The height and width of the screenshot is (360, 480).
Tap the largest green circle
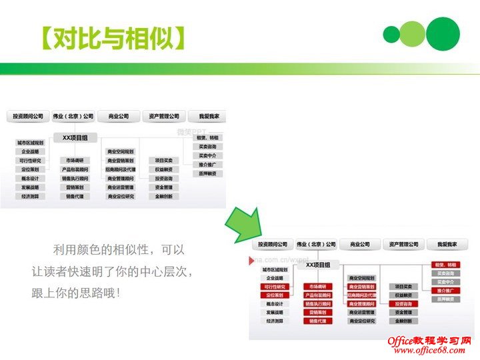(x=443, y=33)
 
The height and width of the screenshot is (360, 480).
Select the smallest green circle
(x=391, y=34)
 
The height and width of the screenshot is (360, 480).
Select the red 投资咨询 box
(x=404, y=303)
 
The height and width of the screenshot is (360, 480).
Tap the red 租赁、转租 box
(x=445, y=265)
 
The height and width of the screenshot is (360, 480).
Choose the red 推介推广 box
(x=445, y=291)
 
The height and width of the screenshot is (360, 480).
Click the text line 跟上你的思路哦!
(x=75, y=293)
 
